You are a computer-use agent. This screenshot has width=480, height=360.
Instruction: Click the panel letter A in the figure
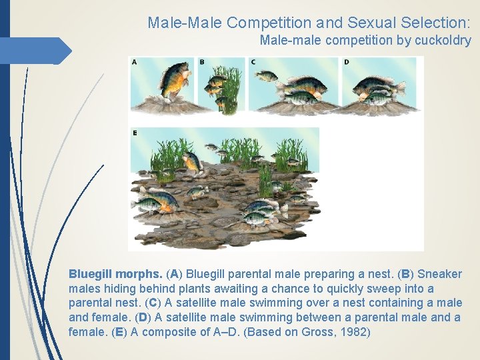tap(135, 62)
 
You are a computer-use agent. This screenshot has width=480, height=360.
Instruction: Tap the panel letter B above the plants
tap(202, 62)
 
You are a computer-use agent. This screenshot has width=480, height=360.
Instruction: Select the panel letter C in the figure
tap(253, 62)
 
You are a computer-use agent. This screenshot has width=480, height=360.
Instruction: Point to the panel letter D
tap(347, 62)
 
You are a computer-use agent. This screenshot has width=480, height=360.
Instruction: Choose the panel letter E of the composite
tap(135, 133)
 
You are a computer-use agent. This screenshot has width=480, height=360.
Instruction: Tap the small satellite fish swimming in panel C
tap(267, 75)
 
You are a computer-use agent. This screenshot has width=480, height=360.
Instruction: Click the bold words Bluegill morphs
tap(115, 274)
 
